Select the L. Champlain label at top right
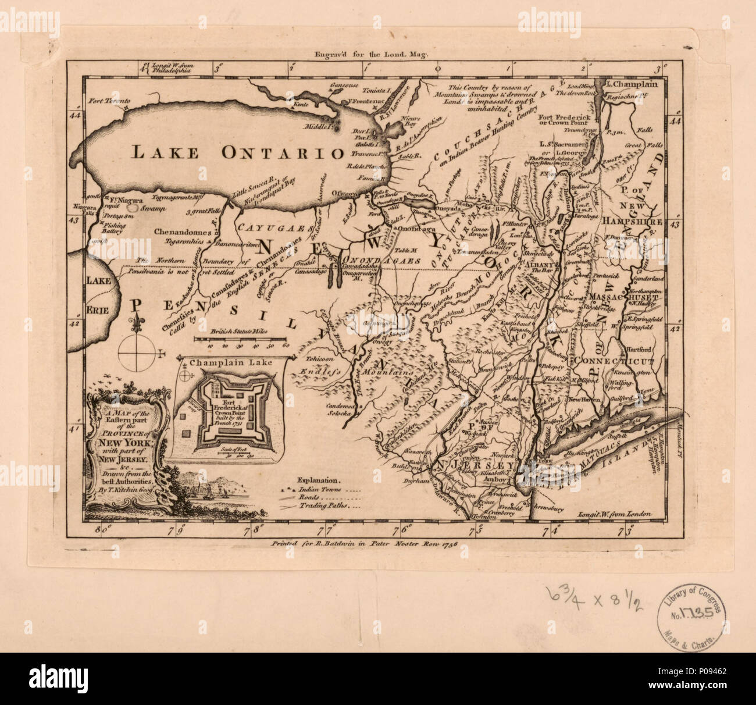click(631, 84)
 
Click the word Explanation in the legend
click(317, 481)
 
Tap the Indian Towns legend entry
click(323, 490)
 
